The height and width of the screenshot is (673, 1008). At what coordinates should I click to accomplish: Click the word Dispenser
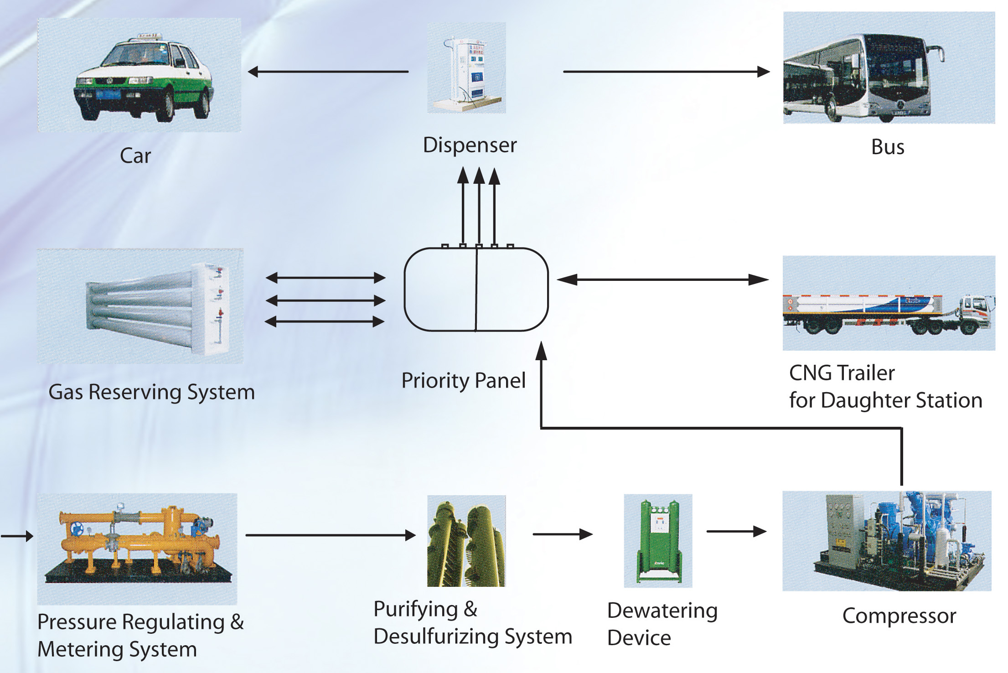(470, 145)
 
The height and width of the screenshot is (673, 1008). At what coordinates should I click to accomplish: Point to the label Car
(135, 156)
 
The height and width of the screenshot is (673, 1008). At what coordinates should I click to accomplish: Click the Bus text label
(888, 147)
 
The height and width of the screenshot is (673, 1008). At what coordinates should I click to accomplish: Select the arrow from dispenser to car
(328, 72)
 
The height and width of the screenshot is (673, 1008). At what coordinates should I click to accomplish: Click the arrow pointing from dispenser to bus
(666, 72)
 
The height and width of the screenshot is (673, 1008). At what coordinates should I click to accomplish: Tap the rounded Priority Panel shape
(476, 289)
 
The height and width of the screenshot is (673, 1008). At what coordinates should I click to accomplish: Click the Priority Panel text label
(463, 381)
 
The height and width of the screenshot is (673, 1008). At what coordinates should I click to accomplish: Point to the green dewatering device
(658, 540)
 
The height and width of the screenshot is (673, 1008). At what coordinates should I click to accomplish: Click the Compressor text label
(899, 616)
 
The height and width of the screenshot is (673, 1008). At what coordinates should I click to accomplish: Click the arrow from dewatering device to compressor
(736, 532)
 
